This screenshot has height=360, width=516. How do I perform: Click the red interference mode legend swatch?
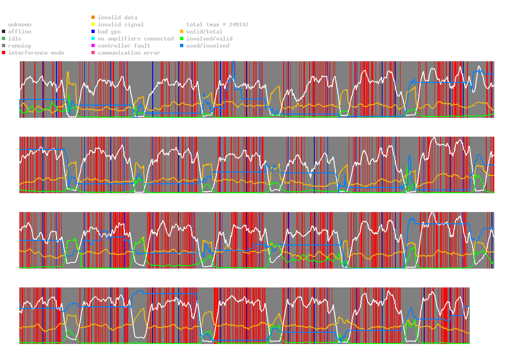click(4, 53)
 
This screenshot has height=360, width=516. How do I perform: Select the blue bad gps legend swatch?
click(93, 32)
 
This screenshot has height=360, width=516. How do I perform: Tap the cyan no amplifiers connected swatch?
click(93, 39)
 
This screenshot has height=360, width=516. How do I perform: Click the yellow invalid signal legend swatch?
click(93, 25)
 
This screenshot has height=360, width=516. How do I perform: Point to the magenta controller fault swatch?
click(93, 46)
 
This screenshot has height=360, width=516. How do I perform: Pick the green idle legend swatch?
click(4, 39)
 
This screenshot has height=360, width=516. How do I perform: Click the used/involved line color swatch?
click(182, 46)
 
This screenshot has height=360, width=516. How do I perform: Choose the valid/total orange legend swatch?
click(182, 32)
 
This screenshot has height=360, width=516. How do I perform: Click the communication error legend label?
click(129, 53)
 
